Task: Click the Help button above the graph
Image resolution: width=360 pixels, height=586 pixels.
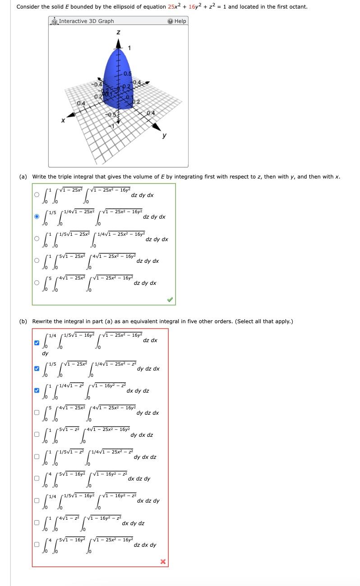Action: point(176,21)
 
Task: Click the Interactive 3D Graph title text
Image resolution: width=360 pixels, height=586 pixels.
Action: point(86,21)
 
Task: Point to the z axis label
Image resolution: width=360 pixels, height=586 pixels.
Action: point(118,32)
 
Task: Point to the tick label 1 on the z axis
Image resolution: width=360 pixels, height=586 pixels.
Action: point(129,48)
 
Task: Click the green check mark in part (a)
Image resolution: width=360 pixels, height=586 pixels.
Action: point(170,299)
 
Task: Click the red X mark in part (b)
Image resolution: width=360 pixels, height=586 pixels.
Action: point(163,561)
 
